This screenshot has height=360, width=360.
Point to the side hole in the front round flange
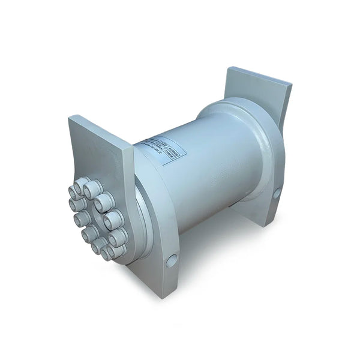coord(172,260)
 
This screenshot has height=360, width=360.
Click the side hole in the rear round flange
coord(277,194)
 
